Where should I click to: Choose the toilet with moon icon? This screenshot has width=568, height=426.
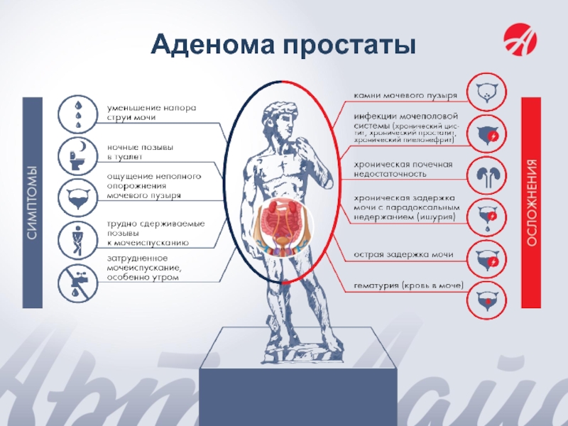[x=77, y=153]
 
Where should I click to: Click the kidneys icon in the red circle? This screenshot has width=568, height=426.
[x=487, y=175]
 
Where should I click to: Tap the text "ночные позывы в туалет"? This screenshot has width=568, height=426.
[x=140, y=152]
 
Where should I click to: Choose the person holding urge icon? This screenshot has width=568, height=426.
[x=77, y=234]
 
